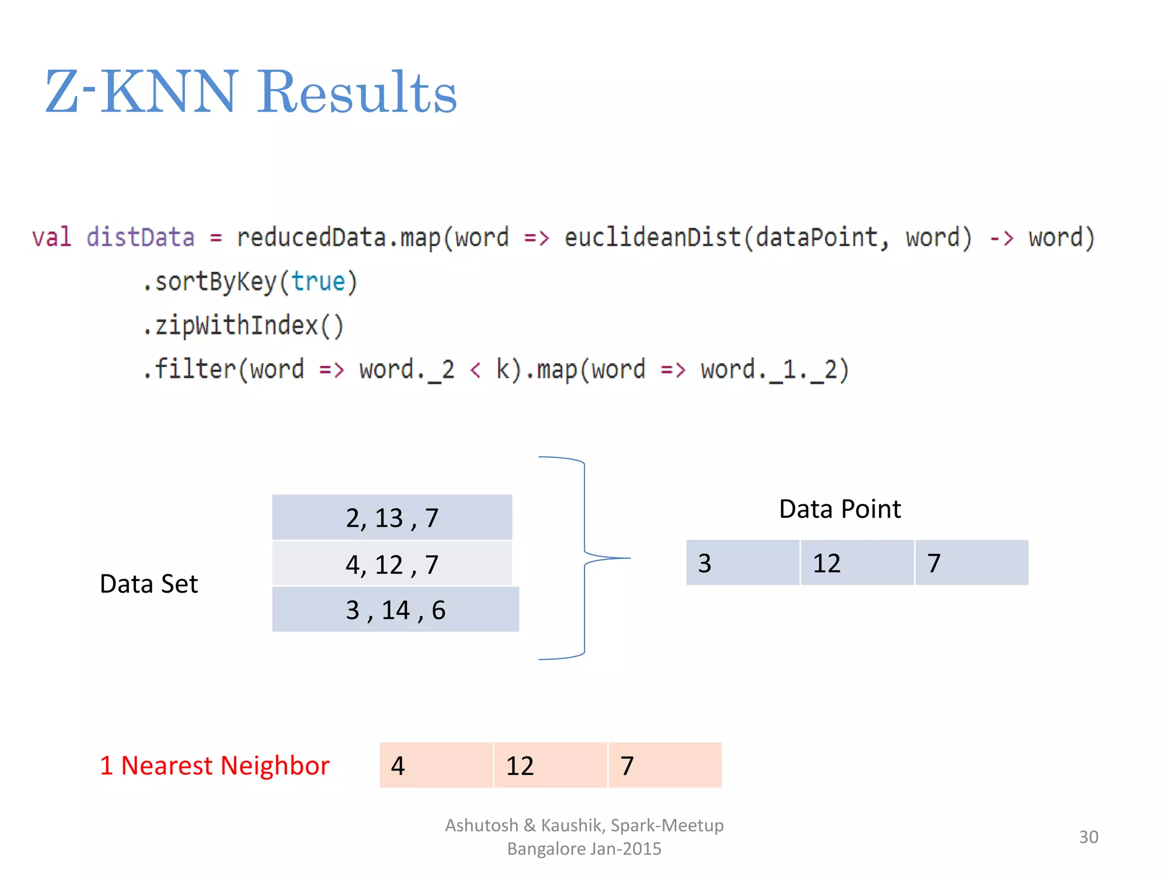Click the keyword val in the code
(51, 238)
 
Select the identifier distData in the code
(140, 238)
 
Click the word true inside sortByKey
(318, 282)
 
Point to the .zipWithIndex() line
(243, 326)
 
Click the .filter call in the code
(188, 369)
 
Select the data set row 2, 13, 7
(392, 518)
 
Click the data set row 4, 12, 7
(392, 564)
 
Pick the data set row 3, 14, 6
(395, 610)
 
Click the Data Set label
(148, 584)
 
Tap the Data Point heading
(840, 509)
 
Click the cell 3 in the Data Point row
(742, 563)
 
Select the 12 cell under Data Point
(856, 563)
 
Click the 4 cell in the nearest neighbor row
(435, 766)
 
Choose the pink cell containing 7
(664, 766)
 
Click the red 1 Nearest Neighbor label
(215, 766)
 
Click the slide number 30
(1088, 837)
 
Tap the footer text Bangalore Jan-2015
(584, 849)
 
